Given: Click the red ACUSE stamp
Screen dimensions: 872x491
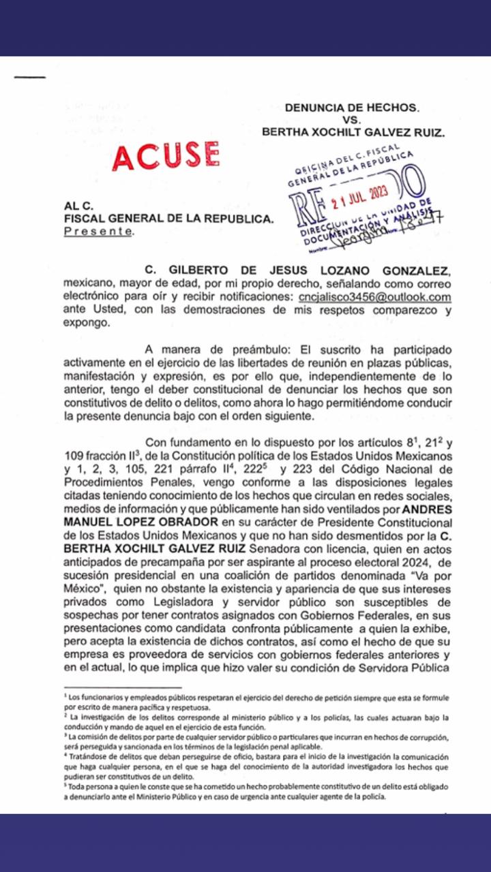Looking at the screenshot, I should click(166, 156).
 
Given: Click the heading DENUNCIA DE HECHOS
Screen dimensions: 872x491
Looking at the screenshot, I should click(352, 107).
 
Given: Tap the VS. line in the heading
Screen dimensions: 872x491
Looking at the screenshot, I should click(353, 120).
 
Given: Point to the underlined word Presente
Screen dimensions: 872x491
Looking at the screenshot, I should click(98, 232).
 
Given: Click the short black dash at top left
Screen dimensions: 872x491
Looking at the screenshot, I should click(29, 77).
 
